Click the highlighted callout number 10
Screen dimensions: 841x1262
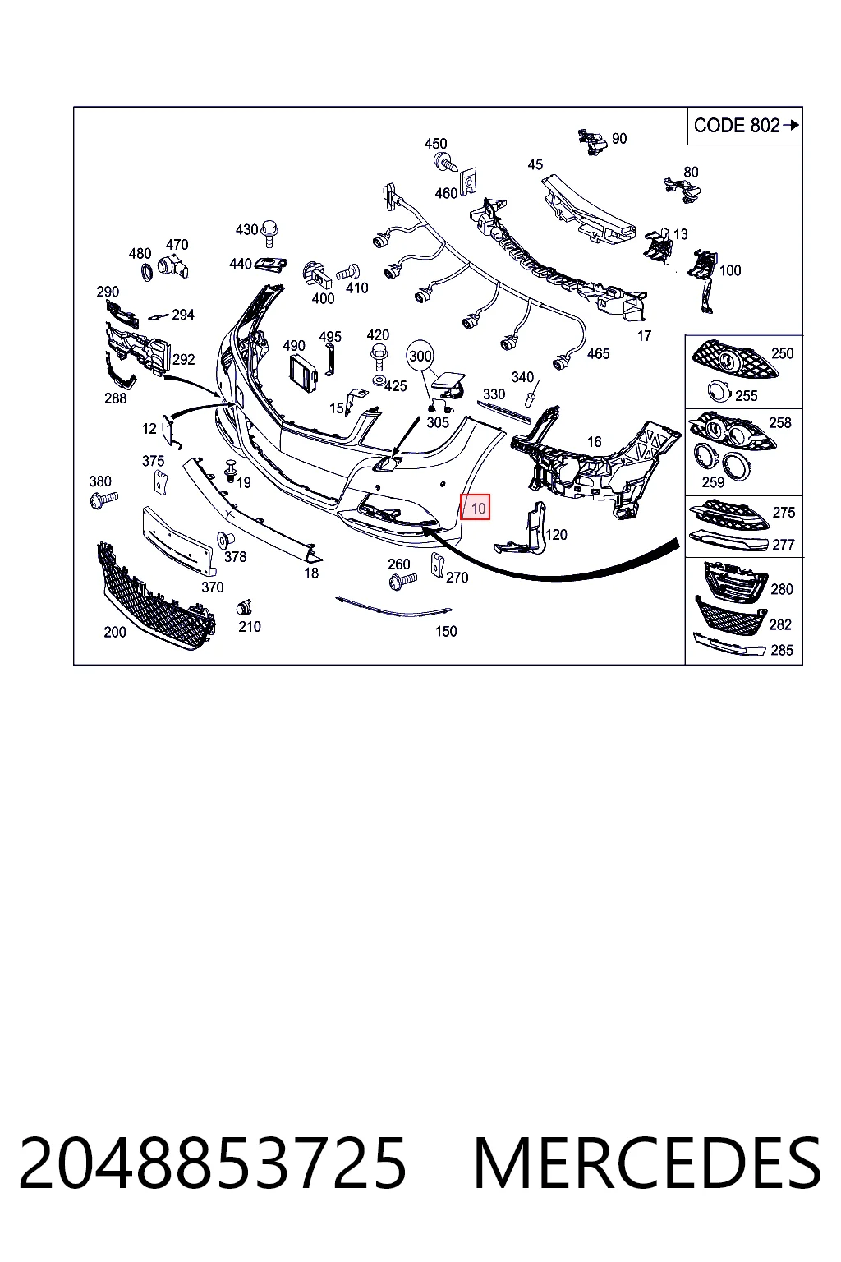click(478, 509)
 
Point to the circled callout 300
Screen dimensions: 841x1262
click(420, 356)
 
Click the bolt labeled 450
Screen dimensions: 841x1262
click(446, 163)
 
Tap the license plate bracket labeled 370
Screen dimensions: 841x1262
click(178, 539)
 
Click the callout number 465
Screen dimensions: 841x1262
click(598, 354)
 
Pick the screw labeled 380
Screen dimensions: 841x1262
click(104, 500)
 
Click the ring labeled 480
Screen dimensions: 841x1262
click(147, 272)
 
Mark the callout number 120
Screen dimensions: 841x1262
click(556, 535)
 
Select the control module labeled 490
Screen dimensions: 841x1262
click(303, 372)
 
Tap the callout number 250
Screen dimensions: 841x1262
click(782, 354)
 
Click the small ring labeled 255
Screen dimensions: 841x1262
click(718, 391)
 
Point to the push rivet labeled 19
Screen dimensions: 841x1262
click(231, 471)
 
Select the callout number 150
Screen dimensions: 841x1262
click(446, 632)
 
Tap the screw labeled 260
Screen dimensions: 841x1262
click(402, 581)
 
